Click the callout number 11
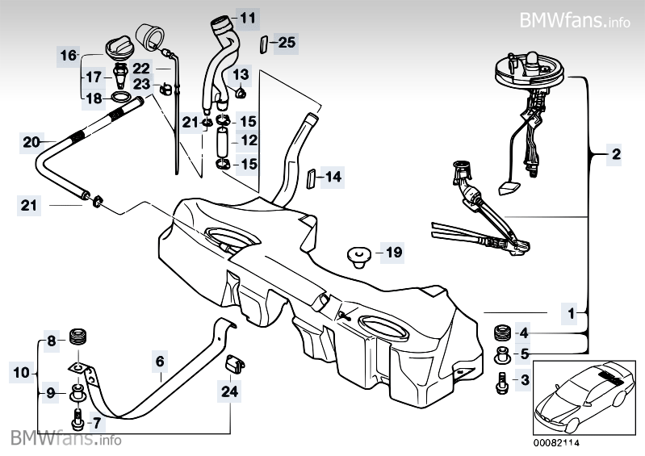[x=247, y=17]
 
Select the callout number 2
[x=616, y=153]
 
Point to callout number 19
[x=392, y=253]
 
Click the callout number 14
[x=333, y=176]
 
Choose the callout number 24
[x=230, y=393]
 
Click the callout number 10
[x=21, y=372]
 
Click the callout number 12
[x=247, y=140]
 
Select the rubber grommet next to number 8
[x=79, y=337]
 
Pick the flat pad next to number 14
[x=310, y=177]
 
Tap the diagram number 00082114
[x=556, y=442]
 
